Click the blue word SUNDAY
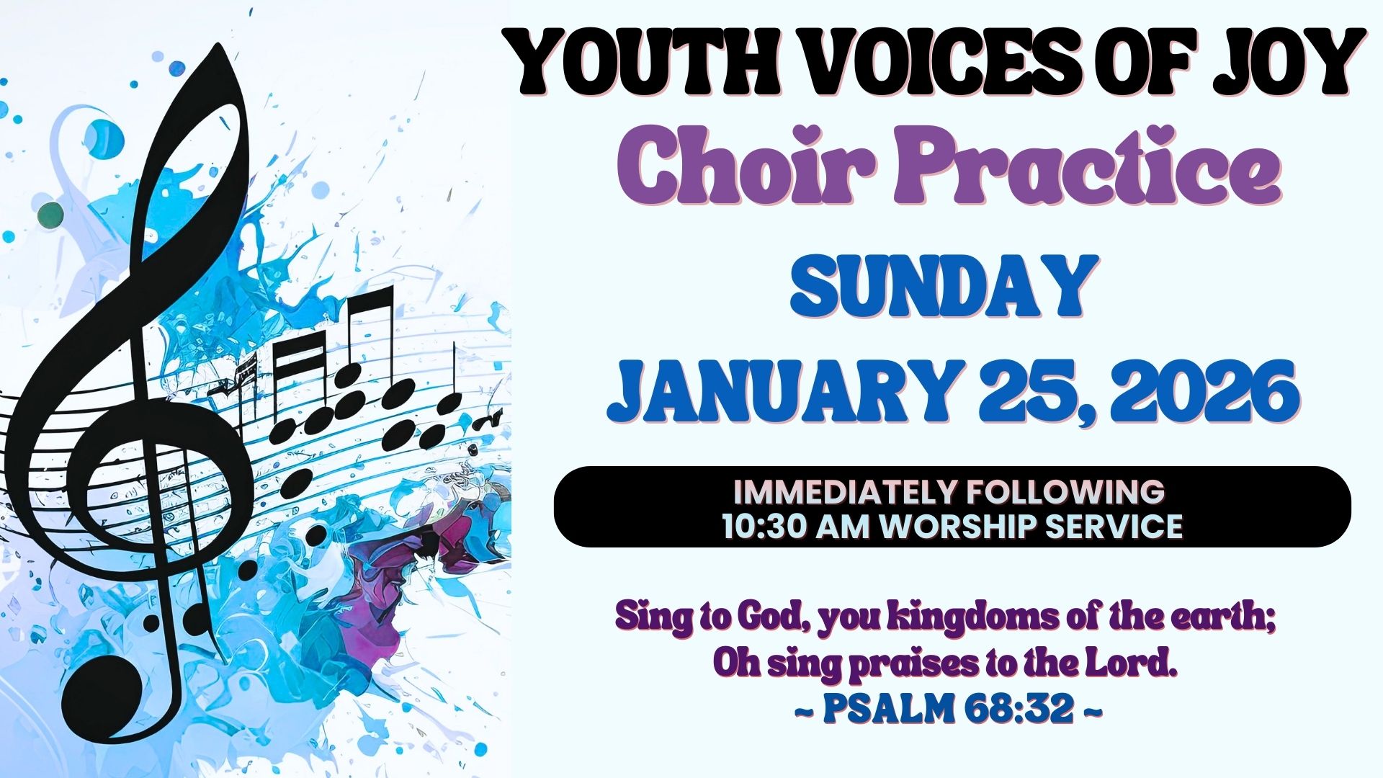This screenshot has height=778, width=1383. coord(941,286)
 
